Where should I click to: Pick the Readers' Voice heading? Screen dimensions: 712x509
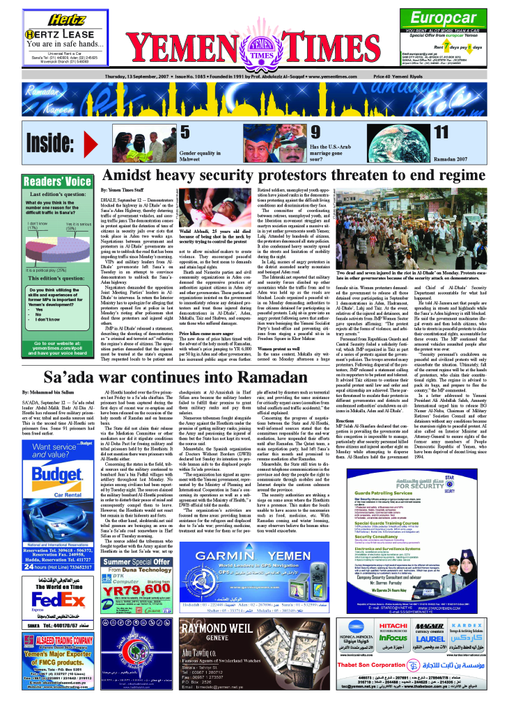pos(57,181)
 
